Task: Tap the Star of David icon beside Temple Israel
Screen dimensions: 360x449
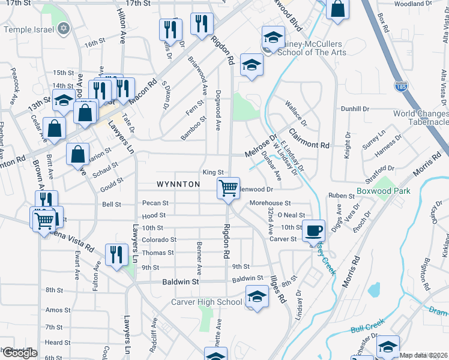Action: pyautogui.click(x=64, y=28)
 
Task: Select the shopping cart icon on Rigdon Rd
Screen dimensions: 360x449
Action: pyautogui.click(x=228, y=187)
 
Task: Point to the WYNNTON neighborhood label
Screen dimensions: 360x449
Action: pyautogui.click(x=178, y=184)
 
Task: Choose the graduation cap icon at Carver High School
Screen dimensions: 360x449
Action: pyautogui.click(x=257, y=296)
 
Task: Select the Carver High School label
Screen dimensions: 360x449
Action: pyautogui.click(x=206, y=302)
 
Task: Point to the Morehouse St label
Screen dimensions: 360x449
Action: pyautogui.click(x=270, y=203)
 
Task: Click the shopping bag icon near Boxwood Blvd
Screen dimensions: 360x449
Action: pyautogui.click(x=339, y=9)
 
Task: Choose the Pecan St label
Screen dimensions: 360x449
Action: pyautogui.click(x=155, y=203)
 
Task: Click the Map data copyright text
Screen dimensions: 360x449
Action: pyautogui.click(x=423, y=355)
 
